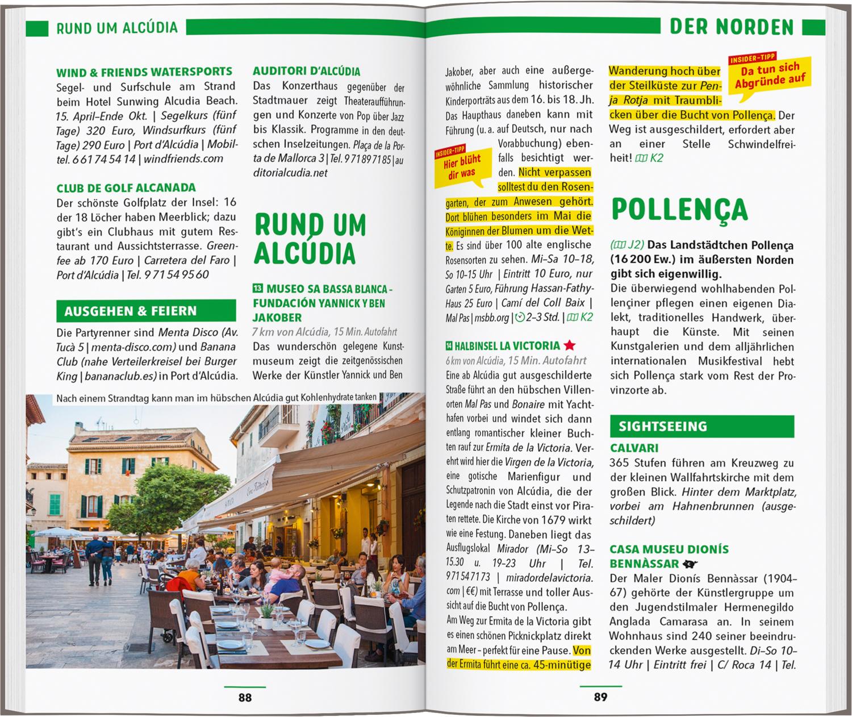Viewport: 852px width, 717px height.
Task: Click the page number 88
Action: click(245, 697)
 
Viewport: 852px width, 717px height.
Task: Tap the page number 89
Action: click(600, 697)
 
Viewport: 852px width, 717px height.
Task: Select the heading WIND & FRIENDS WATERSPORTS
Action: click(144, 72)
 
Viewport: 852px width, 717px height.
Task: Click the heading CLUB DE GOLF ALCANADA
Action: click(126, 188)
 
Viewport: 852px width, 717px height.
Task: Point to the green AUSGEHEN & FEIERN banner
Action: click(146, 311)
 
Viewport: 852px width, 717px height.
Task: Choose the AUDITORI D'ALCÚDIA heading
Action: click(307, 72)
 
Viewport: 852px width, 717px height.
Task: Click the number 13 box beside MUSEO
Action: click(257, 289)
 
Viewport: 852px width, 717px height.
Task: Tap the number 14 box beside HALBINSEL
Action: click(450, 345)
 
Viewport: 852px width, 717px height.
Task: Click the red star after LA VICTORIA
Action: click(570, 345)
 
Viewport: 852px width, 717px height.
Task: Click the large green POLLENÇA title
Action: click(679, 210)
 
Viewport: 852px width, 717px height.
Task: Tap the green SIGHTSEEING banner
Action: click(701, 426)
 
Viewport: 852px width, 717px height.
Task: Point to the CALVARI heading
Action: click(634, 448)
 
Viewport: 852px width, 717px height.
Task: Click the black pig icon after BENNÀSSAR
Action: click(690, 564)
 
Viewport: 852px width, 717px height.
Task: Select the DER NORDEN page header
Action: click(731, 27)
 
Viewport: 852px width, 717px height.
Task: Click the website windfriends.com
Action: click(183, 159)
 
